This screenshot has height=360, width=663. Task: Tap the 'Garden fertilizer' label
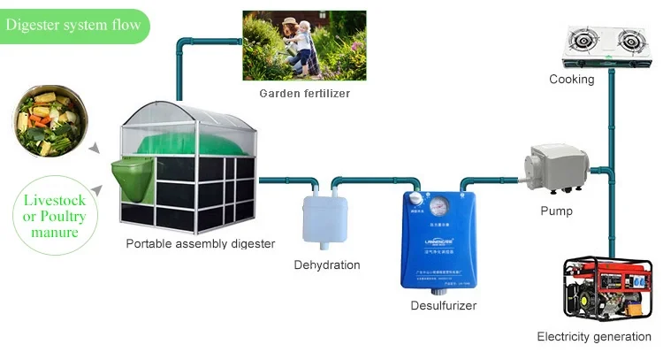304,93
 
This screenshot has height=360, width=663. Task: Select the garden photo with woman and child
304,45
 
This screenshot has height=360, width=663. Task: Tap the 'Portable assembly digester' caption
200,243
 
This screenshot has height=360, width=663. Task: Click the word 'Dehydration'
327,264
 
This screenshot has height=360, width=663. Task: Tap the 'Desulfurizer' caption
444,306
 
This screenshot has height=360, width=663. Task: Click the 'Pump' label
556,211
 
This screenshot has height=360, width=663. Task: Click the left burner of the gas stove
583,41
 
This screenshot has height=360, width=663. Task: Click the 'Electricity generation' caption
594,337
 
